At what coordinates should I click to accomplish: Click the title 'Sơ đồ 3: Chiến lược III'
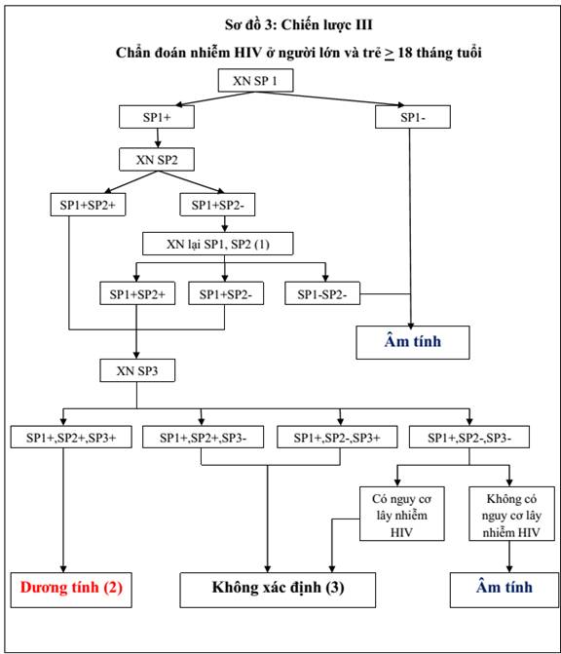coord(298,25)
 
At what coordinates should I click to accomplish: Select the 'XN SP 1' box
coord(255,80)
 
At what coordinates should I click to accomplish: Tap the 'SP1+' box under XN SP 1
coord(157,117)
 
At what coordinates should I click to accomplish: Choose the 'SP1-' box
coord(413,117)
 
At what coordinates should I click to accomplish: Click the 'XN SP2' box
coord(157,159)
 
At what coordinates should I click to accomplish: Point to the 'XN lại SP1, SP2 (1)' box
coord(218,244)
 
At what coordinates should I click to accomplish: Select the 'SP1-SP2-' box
coord(322,293)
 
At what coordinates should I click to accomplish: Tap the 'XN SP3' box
coord(137,370)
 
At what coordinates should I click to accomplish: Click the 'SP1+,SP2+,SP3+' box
coord(71,437)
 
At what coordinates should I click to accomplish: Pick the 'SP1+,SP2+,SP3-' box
coord(203,437)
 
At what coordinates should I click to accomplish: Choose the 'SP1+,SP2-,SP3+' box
coord(337,437)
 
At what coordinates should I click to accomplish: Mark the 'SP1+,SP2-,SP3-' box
coord(469,437)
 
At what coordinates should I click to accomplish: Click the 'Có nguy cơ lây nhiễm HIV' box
coord(402,514)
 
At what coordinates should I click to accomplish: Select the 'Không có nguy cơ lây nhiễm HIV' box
coord(512,514)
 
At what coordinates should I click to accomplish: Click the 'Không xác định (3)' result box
coord(278,590)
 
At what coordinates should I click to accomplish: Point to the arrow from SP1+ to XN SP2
coord(158,138)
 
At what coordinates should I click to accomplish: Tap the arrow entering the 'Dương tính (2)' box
coord(63,511)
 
